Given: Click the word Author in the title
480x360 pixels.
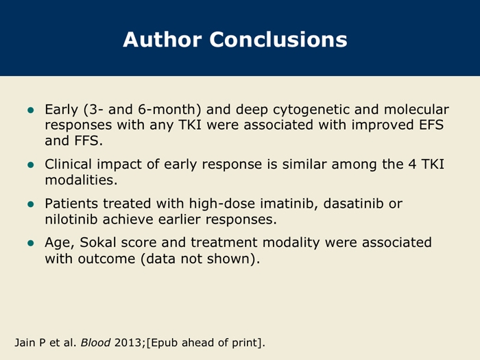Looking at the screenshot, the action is (x=163, y=40).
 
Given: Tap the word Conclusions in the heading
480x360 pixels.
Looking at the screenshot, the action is (x=278, y=40).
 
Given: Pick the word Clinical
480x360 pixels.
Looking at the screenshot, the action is (x=69, y=164).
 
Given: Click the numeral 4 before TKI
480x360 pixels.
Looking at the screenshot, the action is (x=412, y=165).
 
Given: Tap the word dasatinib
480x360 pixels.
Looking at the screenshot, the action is (x=353, y=204).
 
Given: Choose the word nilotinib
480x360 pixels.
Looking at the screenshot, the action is (x=71, y=219).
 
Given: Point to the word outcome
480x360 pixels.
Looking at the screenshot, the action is (x=106, y=259).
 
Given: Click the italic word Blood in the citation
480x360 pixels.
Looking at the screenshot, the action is (x=95, y=343).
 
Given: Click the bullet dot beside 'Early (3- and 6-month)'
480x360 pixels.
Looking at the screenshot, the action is (x=31, y=110).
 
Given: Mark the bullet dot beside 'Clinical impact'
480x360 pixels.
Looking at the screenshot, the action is (x=31, y=165).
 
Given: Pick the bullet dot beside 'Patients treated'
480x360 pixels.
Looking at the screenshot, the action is (x=31, y=204).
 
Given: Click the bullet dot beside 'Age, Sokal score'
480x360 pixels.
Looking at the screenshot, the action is (x=31, y=243).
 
